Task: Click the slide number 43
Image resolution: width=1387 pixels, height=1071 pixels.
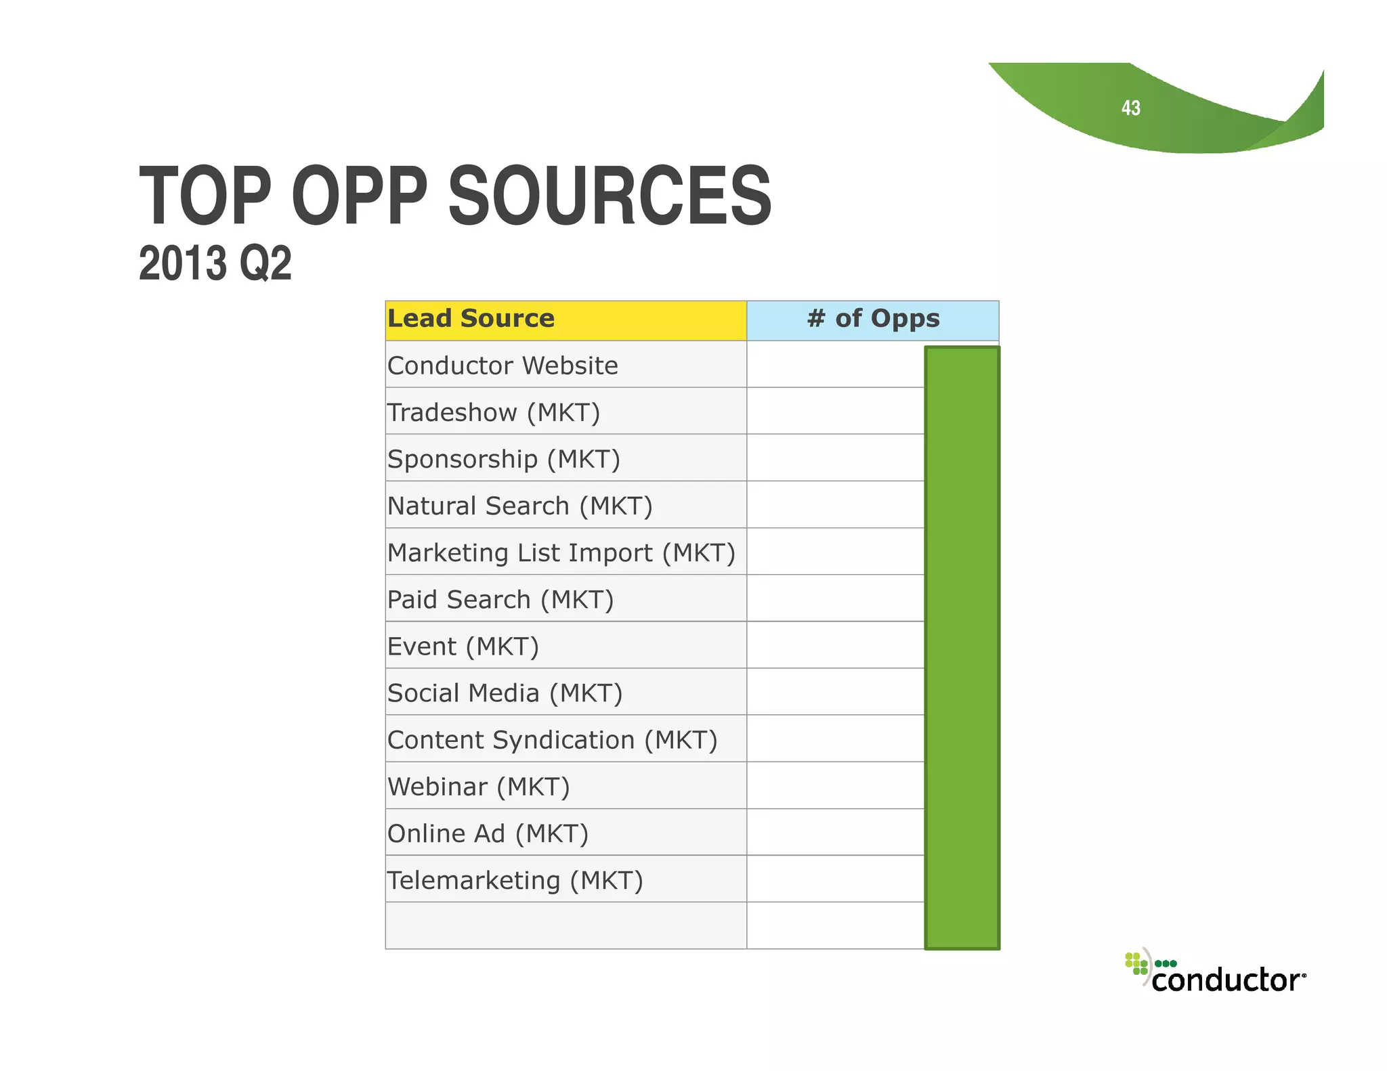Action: pos(1130,108)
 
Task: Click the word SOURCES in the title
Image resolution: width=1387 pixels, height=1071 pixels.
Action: pos(610,196)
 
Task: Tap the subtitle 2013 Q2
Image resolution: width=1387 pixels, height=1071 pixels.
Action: pos(215,263)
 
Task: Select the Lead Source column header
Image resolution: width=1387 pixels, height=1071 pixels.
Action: pos(471,319)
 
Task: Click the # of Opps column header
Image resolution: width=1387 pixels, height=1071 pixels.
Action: pos(873,319)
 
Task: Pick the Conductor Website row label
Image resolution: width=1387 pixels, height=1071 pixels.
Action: pos(503,366)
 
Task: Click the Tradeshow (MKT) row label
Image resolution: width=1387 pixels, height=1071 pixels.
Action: pos(493,412)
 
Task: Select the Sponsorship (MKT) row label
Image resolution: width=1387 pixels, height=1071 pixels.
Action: pos(503,459)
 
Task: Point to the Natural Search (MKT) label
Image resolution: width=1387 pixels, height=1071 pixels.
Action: pos(519,506)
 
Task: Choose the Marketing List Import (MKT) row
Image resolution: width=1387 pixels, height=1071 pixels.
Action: pos(561,552)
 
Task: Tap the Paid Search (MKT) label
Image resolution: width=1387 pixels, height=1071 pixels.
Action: pos(500,600)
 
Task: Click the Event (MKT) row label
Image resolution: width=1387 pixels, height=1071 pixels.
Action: pos(463,647)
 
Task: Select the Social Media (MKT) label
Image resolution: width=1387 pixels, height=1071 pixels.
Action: pos(505,693)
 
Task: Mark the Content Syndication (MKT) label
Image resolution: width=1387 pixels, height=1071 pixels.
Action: pos(552,740)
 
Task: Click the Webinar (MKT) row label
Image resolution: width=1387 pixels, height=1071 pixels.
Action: pos(478,787)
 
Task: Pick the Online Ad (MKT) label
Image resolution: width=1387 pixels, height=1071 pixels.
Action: pos(488,833)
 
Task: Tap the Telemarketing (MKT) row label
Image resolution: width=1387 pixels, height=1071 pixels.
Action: pos(515,880)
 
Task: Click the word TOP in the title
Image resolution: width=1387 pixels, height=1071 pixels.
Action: pos(205,196)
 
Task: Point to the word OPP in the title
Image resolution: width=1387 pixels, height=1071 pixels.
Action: pos(360,196)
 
